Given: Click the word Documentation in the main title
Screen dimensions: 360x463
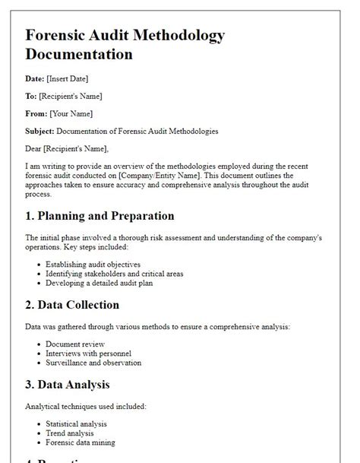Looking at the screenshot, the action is click(79, 55).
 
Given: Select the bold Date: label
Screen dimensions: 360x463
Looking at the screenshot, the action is click(36, 79).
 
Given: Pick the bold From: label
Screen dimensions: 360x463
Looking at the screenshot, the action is click(36, 114).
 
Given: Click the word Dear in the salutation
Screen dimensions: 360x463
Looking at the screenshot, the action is click(34, 148).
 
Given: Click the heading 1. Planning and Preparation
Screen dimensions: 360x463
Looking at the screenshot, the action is click(99, 216).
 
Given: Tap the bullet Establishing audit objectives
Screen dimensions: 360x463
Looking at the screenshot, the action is click(93, 265).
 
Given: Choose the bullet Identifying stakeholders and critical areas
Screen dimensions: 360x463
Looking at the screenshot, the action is click(115, 274).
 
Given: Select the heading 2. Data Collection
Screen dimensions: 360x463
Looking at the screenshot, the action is click(72, 305).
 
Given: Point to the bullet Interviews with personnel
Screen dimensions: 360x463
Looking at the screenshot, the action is click(89, 354).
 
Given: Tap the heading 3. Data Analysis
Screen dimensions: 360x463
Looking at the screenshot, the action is click(68, 384).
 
